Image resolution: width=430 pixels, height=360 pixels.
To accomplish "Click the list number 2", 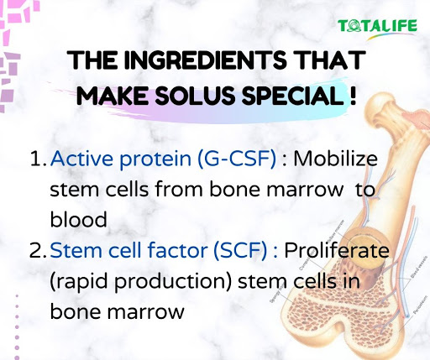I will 37,250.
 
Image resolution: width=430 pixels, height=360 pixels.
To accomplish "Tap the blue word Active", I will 81,159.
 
